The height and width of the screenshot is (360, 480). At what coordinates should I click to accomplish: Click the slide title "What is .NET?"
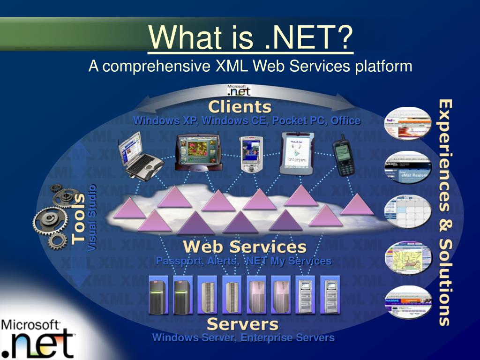tap(250, 37)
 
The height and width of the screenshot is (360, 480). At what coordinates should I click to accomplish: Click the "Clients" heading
tap(240, 107)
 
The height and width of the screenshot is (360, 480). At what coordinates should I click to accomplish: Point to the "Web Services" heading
tap(244, 247)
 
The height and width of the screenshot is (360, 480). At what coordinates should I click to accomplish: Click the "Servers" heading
tap(242, 324)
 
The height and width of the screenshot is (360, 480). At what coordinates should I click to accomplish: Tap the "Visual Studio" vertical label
tap(92, 218)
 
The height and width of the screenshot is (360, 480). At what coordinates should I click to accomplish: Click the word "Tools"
tap(79, 218)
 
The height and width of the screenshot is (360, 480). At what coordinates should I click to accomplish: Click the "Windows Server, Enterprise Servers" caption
tap(243, 337)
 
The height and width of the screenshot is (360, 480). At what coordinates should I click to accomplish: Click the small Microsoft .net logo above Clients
tap(239, 90)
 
